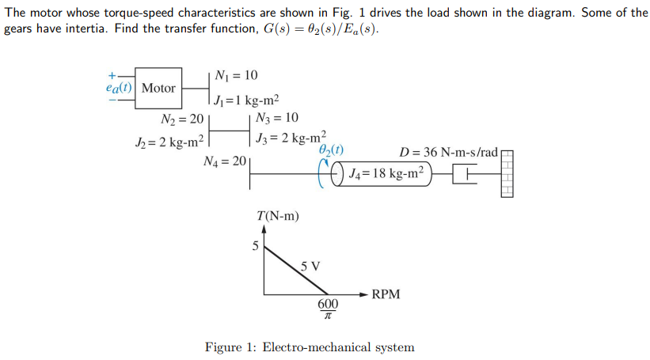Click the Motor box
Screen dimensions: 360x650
coord(159,89)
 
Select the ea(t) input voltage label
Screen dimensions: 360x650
coord(120,89)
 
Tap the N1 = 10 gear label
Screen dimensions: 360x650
coord(236,75)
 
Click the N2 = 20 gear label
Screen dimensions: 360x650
coord(181,119)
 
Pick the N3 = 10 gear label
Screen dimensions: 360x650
coord(278,119)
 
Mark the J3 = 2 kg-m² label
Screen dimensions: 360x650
coord(291,138)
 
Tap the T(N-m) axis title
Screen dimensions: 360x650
coord(278,215)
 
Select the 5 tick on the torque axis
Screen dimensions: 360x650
coord(255,245)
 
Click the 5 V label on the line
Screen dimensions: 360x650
coord(310,266)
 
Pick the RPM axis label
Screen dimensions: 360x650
coord(386,294)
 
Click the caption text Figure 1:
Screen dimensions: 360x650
coord(230,347)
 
